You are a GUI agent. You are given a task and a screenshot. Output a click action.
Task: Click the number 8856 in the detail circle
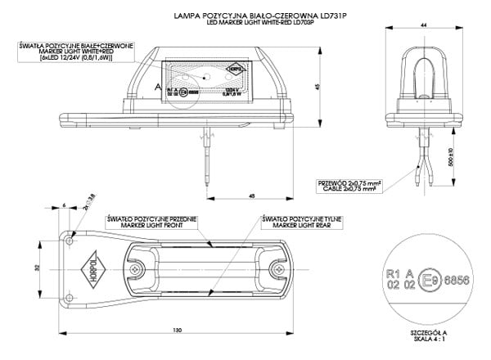pos(456,280)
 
